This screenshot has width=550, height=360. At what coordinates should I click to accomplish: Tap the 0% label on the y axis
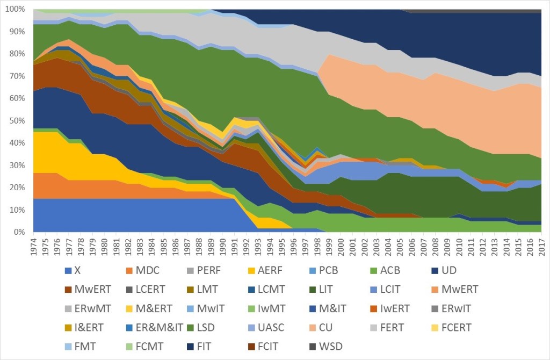coord(18,232)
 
